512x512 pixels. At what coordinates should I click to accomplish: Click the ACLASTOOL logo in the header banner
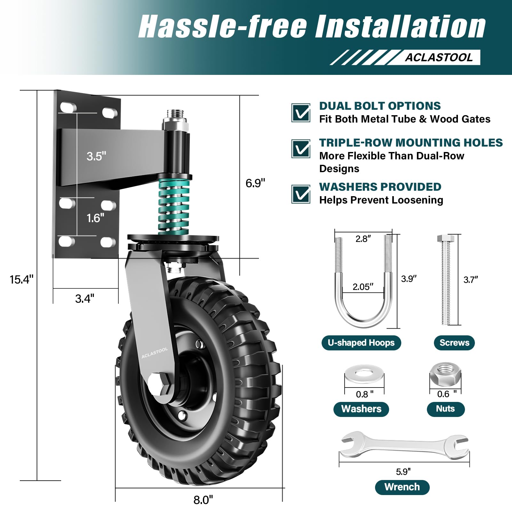[x=438, y=57]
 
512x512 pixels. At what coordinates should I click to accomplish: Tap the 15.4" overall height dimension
[x=21, y=279]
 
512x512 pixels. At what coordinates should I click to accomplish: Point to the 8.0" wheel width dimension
[x=203, y=500]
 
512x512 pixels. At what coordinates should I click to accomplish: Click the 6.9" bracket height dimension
[x=255, y=183]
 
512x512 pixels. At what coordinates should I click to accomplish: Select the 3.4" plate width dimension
[x=84, y=299]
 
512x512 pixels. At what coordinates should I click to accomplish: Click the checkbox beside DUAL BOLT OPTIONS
[x=300, y=113]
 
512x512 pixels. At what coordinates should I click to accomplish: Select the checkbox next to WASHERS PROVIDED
[x=300, y=194]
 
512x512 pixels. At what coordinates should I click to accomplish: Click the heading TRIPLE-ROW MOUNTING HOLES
[x=411, y=142]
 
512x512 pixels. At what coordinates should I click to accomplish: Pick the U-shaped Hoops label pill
[x=361, y=343]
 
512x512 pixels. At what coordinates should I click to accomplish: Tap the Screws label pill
[x=454, y=343]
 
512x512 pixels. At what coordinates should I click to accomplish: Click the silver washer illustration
[x=364, y=373]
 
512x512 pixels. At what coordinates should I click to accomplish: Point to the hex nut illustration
[x=445, y=374]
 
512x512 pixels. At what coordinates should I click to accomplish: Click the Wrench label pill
[x=402, y=487]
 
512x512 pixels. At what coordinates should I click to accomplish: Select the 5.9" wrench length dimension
[x=403, y=472]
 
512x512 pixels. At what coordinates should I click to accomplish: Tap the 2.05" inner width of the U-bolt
[x=363, y=287]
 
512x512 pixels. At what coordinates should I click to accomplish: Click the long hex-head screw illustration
[x=445, y=280]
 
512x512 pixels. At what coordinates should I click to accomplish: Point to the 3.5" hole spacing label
[x=96, y=156]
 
